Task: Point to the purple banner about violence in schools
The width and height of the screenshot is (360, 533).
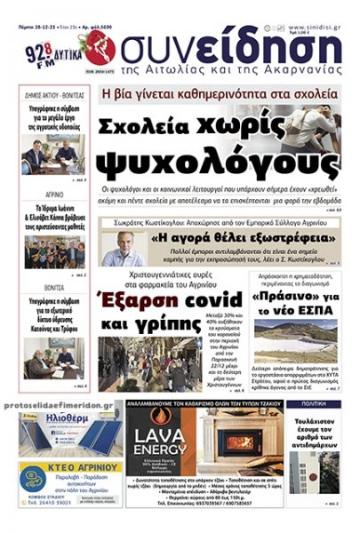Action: point(220,92)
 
